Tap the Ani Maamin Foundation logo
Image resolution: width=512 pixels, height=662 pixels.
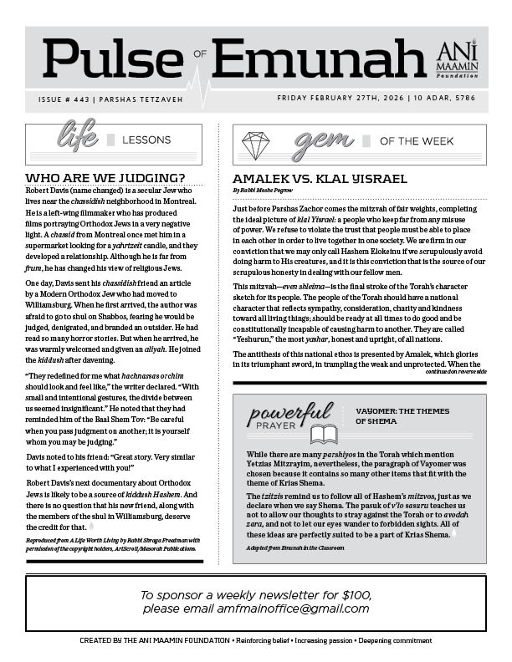click(x=458, y=59)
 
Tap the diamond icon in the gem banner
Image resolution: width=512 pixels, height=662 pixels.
click(x=255, y=145)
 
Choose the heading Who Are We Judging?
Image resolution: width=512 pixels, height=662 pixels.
click(x=105, y=178)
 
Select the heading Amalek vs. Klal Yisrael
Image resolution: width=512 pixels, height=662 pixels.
click(x=320, y=179)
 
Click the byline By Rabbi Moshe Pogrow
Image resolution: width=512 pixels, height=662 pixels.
click(x=269, y=191)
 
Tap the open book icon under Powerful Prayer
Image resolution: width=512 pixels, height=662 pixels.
click(x=324, y=434)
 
